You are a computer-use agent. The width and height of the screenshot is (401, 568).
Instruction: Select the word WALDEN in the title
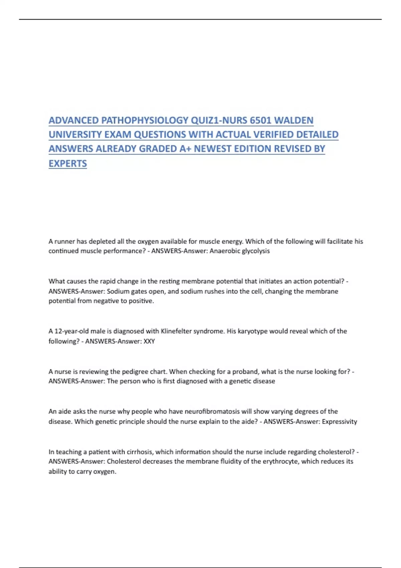coord(294,120)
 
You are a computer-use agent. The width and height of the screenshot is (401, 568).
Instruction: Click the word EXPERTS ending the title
coord(68,163)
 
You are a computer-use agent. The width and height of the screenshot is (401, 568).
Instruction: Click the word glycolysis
coord(256,251)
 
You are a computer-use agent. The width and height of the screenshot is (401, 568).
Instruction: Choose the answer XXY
coord(149,341)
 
